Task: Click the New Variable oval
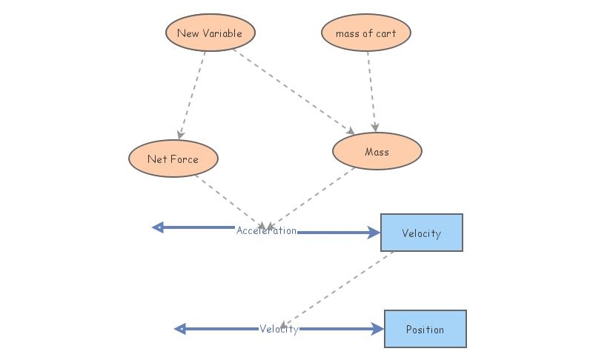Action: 210,33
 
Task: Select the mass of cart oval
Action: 365,33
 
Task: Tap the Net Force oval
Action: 173,159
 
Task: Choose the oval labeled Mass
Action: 377,152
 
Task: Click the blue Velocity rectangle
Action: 421,233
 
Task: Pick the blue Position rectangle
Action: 425,329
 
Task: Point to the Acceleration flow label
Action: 266,230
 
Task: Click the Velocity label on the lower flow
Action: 279,329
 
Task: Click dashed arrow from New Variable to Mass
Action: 293,91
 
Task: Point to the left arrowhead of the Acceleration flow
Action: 157,227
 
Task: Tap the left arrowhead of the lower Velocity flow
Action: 179,329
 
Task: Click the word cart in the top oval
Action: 385,33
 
